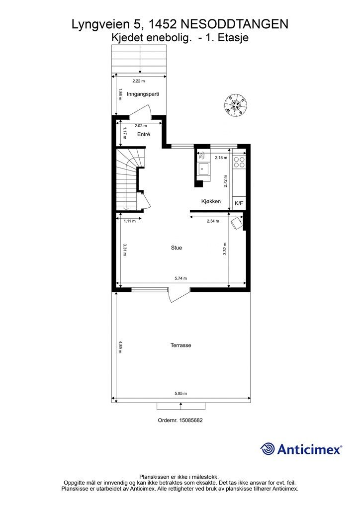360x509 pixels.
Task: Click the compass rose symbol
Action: point(235,103)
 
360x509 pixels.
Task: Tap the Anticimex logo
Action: point(301,449)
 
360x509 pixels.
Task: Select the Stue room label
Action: point(177,248)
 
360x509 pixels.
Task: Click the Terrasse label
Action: point(181,345)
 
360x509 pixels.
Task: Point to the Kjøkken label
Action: point(211,201)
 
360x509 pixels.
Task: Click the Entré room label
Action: point(144,134)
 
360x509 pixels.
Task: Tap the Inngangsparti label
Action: point(143,94)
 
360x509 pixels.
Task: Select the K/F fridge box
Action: point(239,203)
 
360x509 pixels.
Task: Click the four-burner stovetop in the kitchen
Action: point(239,162)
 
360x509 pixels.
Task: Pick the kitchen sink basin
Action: point(204,169)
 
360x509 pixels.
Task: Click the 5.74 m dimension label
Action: point(181,278)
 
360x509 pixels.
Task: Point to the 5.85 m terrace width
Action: point(181,394)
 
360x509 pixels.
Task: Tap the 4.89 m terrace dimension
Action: point(120,346)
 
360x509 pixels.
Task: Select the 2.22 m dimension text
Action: point(139,81)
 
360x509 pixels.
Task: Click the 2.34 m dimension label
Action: point(213,221)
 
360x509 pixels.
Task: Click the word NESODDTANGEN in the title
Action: point(234,24)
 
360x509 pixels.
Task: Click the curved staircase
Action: point(129,179)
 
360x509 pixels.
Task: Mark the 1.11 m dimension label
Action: point(129,221)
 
